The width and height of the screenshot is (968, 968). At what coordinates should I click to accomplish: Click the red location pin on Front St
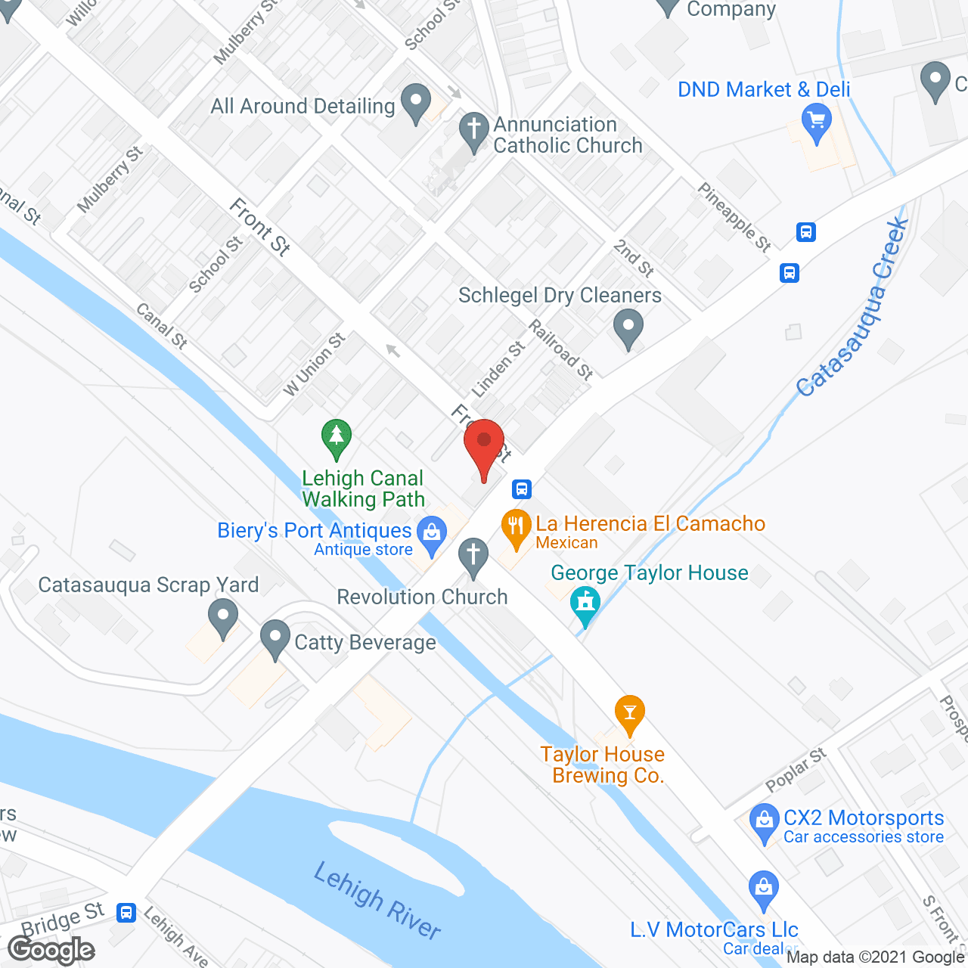[484, 442]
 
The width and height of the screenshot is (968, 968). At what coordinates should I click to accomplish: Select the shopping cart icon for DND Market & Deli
[816, 121]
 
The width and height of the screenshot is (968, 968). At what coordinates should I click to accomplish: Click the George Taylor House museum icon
[585, 603]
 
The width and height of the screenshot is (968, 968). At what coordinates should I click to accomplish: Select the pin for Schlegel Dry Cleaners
[628, 328]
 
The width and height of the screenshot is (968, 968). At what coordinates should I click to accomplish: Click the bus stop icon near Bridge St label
[126, 913]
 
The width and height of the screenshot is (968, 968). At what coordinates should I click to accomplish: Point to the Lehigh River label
[377, 900]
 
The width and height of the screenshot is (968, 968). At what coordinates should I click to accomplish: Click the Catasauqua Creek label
[853, 306]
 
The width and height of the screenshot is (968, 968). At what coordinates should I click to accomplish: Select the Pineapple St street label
[734, 216]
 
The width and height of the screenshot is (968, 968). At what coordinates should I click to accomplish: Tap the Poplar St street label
[796, 770]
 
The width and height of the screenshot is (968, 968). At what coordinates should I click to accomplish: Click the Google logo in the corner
[51, 950]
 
